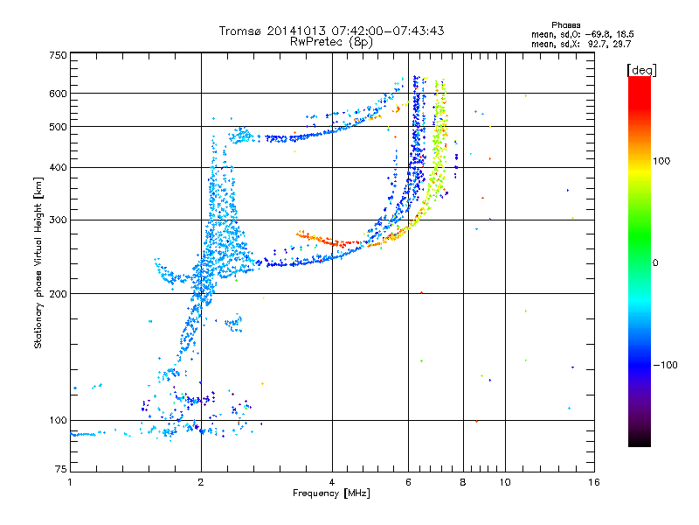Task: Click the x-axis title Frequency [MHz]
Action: (331, 493)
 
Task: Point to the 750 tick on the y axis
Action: (58, 55)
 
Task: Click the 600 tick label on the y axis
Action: (58, 93)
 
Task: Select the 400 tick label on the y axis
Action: (58, 167)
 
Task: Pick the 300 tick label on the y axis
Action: (58, 220)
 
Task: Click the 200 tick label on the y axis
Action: (58, 293)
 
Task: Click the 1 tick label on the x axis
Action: (70, 482)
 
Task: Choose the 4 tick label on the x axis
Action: (332, 482)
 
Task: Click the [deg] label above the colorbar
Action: (642, 69)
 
